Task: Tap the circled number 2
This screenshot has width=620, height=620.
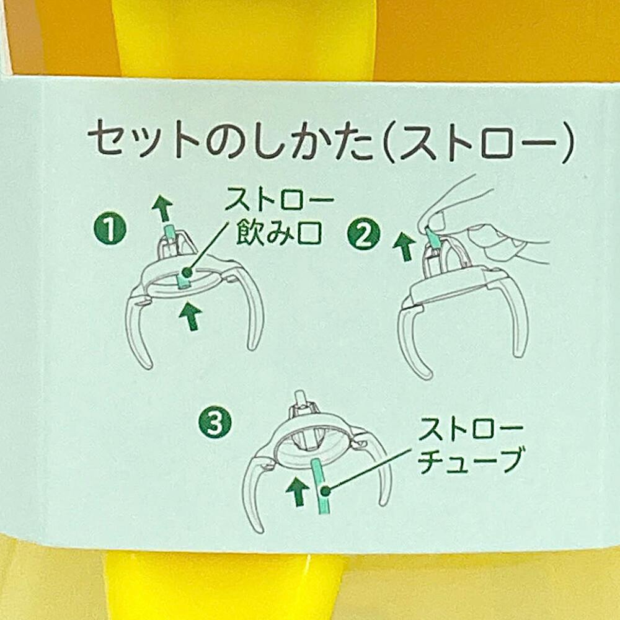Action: coord(363,235)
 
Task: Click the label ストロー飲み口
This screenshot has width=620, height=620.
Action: coord(279,219)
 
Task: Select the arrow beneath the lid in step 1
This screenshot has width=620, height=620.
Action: coord(192,316)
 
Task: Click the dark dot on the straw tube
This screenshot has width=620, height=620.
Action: coord(325,492)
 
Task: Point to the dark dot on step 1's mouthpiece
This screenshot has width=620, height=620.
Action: coord(186,272)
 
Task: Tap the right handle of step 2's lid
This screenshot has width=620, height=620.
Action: coord(514,312)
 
